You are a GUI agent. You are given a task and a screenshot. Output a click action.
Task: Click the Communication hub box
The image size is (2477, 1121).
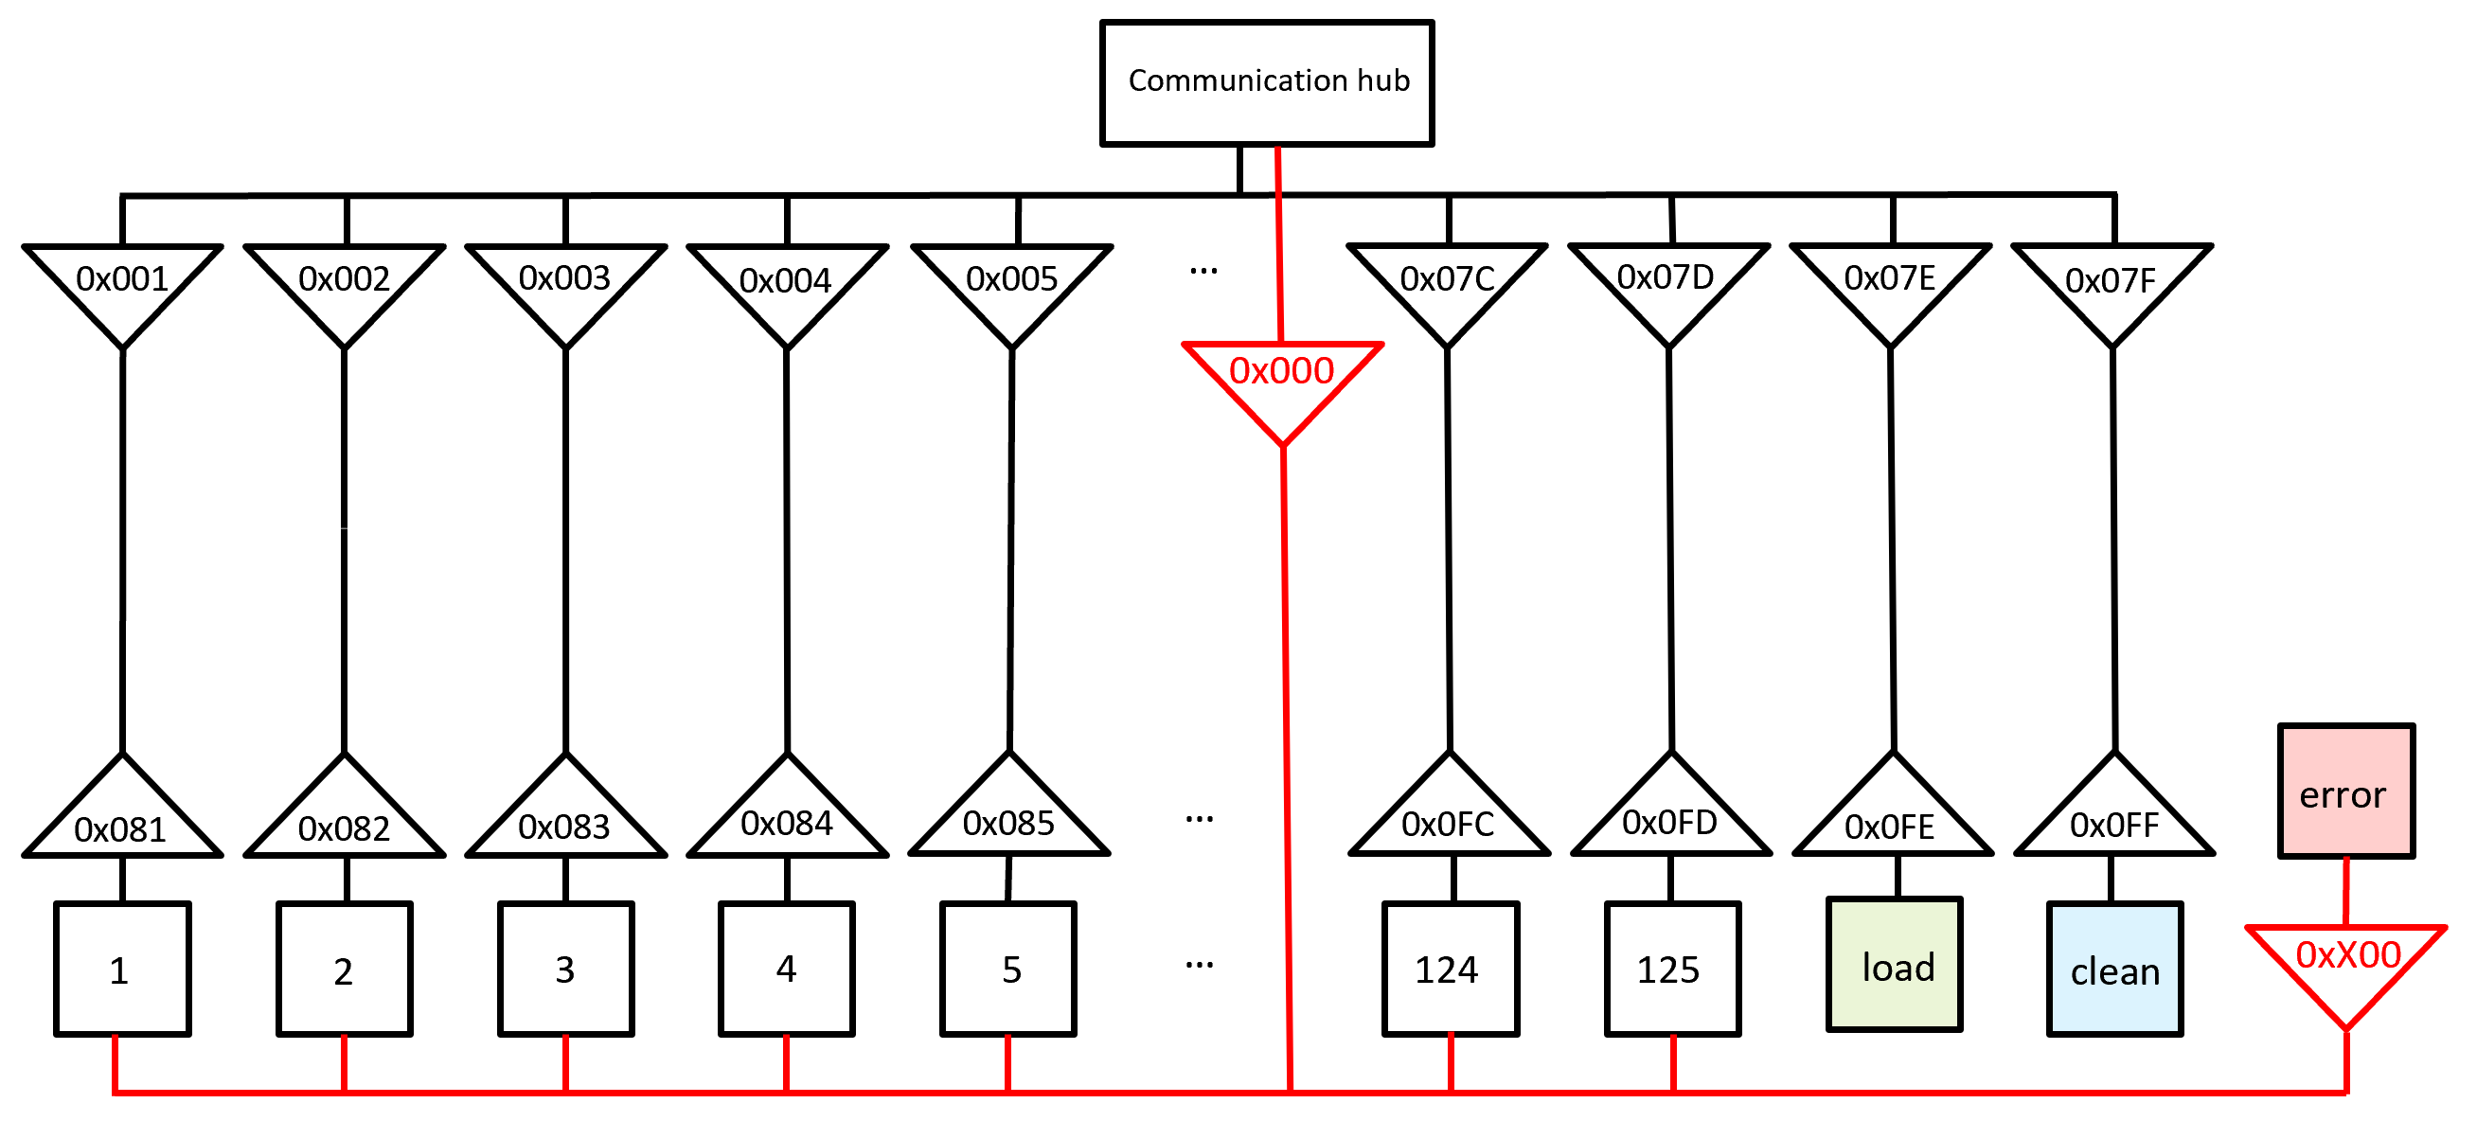pos(1266,82)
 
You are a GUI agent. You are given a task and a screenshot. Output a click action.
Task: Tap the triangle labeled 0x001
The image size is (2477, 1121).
pos(122,283)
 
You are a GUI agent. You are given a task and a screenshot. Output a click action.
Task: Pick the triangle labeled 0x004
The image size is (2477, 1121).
pos(787,284)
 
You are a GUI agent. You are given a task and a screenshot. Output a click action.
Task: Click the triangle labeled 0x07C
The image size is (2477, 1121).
pos(1447,283)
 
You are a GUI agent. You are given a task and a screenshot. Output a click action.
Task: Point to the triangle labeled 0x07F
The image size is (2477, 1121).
pos(2112,284)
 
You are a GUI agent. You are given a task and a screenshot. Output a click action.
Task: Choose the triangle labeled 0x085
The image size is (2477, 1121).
pos(1008,817)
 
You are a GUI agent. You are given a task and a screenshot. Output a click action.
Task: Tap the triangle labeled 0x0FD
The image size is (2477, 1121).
pos(1670,817)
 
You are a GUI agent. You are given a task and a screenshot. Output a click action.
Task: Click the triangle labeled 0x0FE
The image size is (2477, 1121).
pos(1892,819)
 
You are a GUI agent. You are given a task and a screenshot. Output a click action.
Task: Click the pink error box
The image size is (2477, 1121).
pos(2345,792)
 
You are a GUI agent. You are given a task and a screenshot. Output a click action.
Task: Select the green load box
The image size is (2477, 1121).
pos(1894,964)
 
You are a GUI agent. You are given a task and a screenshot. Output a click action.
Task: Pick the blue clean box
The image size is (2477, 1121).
pos(2114,969)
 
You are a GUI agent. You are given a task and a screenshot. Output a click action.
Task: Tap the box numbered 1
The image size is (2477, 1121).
pos(122,969)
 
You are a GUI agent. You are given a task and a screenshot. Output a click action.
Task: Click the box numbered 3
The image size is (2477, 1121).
pos(565,969)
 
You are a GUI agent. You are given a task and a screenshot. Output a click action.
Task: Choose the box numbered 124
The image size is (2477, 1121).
pos(1450,969)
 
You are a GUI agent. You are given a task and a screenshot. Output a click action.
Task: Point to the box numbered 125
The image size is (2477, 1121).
pos(1672,969)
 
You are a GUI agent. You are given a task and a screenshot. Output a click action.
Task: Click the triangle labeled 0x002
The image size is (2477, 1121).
pos(345,283)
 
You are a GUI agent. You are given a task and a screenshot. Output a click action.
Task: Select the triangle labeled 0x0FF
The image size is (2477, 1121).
pos(2114,818)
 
